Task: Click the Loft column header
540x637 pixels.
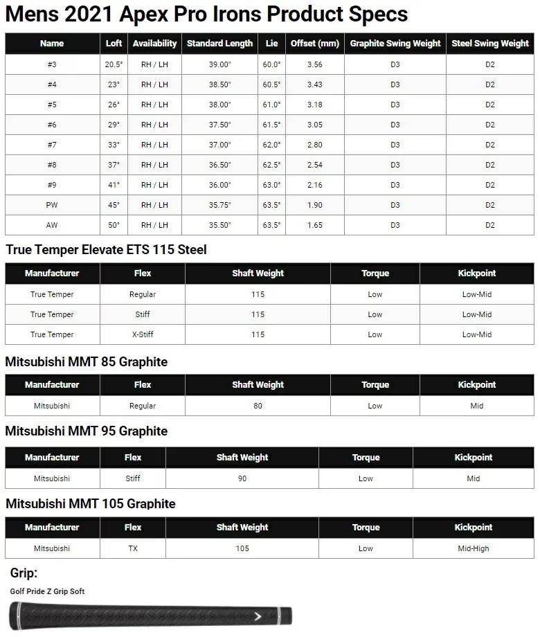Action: [x=114, y=43]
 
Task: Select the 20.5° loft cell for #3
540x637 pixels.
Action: [x=114, y=64]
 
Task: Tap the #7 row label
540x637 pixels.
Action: [x=52, y=145]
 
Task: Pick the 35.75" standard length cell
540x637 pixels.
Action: [x=219, y=205]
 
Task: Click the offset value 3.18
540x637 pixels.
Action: [x=314, y=105]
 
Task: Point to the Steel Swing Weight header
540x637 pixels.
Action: [x=490, y=43]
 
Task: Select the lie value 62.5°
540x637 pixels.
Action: [x=271, y=165]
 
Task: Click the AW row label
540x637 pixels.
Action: [x=52, y=225]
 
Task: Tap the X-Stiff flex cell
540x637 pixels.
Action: [x=143, y=334]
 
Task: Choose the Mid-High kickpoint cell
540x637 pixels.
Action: [x=473, y=548]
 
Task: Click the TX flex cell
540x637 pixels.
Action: [x=133, y=548]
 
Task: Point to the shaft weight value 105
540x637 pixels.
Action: [x=242, y=548]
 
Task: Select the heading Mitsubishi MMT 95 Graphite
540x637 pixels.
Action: [x=87, y=431]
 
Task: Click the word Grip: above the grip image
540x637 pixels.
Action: [x=24, y=573]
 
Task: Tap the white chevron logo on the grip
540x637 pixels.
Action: [x=258, y=616]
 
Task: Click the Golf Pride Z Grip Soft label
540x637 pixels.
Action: [x=47, y=591]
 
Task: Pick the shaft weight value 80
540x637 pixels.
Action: [x=258, y=406]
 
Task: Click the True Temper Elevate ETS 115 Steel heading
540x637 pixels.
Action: [x=106, y=250]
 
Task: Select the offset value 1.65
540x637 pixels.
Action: [x=314, y=225]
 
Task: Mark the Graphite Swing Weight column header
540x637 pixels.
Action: [x=395, y=43]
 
